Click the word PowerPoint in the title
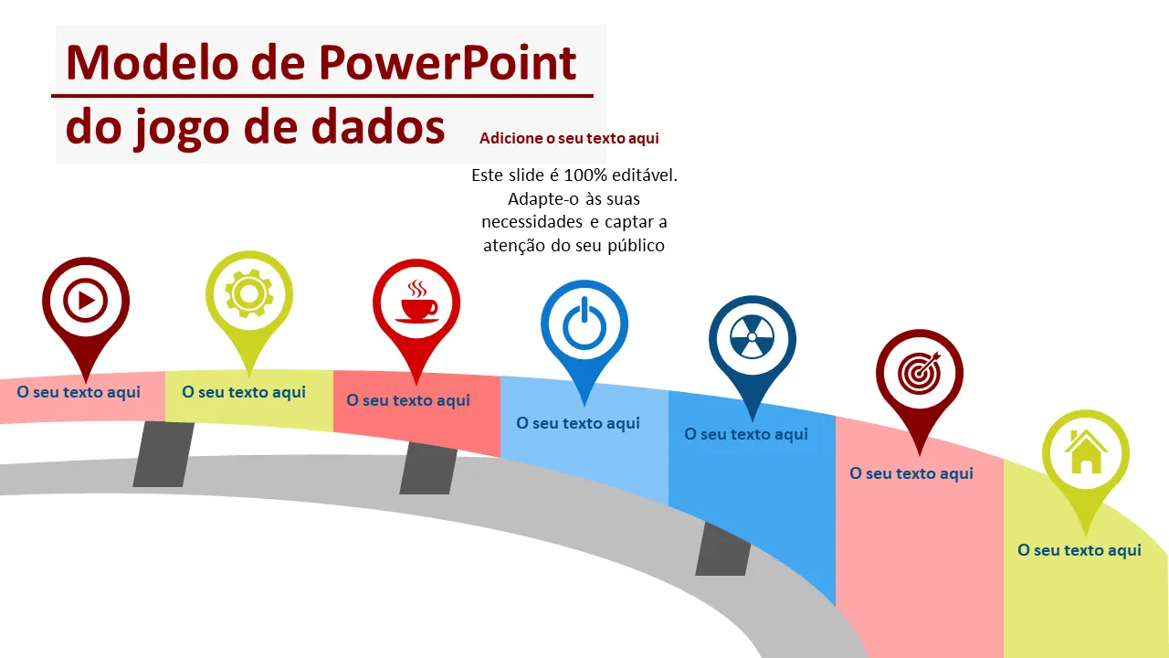(x=448, y=63)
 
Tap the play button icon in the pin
(x=85, y=299)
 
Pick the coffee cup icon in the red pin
(x=416, y=302)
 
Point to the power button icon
(x=584, y=324)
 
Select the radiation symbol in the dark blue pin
(x=752, y=339)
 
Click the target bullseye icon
(x=919, y=371)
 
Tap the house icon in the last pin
(x=1085, y=452)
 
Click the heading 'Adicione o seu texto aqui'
(x=569, y=138)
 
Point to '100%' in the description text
(x=584, y=175)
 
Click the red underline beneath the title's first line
(x=321, y=94)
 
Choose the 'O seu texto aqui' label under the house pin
(x=1079, y=550)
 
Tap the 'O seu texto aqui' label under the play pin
(x=79, y=392)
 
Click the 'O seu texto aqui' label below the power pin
(x=578, y=423)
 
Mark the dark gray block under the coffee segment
(x=428, y=468)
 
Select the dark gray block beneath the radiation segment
(x=723, y=549)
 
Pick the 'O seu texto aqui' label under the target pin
(x=911, y=473)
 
